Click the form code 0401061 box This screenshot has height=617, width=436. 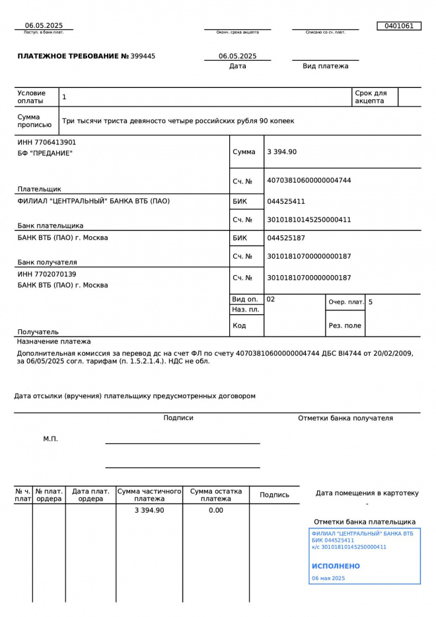398,26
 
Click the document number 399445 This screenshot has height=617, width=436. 144,56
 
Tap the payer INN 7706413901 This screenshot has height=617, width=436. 47,142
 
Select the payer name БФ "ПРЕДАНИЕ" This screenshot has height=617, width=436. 45,153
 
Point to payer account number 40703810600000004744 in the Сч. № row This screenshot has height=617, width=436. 309,181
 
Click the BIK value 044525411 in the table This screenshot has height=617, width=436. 286,201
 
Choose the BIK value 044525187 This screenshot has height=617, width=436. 286,237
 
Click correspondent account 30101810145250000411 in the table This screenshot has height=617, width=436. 309,220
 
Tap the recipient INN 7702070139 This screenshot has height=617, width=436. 47,274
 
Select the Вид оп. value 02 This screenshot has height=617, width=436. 271,300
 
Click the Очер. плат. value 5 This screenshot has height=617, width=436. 371,302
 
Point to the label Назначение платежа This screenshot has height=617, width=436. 54,342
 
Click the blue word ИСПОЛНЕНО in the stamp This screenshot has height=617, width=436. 336,566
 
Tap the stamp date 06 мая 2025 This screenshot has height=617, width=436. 328,578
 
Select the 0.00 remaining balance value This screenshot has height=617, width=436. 216,511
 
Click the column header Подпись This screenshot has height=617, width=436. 274,495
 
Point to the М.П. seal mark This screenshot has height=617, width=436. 51,439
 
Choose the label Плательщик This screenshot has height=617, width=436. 39,189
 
